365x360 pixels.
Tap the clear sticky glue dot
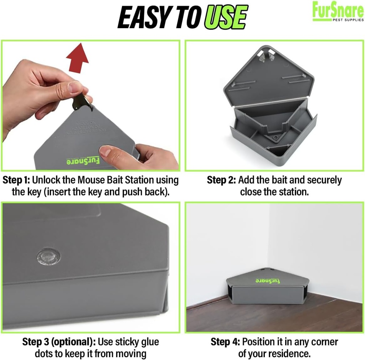pos(48,257)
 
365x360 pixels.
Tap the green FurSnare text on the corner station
pos(267,281)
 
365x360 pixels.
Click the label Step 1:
pos(16,180)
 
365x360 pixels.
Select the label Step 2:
pos(221,180)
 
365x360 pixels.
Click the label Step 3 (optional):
pos(59,342)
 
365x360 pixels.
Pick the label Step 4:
pos(225,342)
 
